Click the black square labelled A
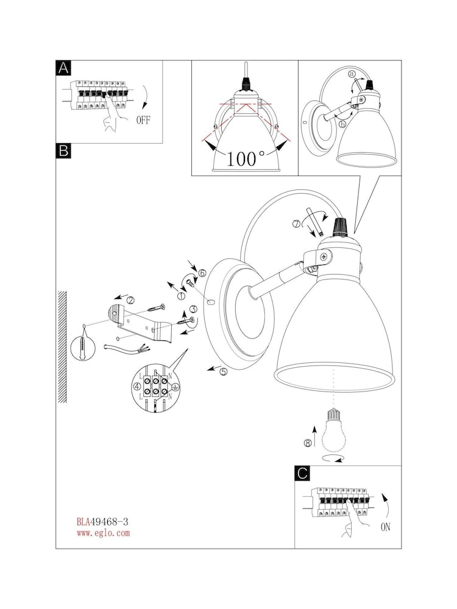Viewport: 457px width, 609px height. point(63,68)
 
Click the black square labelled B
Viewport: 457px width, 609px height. point(63,150)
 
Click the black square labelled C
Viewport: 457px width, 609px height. point(302,473)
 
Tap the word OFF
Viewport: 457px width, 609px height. point(143,119)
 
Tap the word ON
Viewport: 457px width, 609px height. point(385,527)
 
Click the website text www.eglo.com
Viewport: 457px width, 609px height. point(103,532)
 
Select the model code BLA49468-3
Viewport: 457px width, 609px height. point(102,522)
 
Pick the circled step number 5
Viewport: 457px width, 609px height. point(223,371)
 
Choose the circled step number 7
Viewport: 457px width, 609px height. point(297,224)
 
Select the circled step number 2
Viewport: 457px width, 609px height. point(130,300)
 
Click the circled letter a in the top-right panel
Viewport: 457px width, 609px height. point(352,74)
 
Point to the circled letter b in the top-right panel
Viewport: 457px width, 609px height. point(342,124)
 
